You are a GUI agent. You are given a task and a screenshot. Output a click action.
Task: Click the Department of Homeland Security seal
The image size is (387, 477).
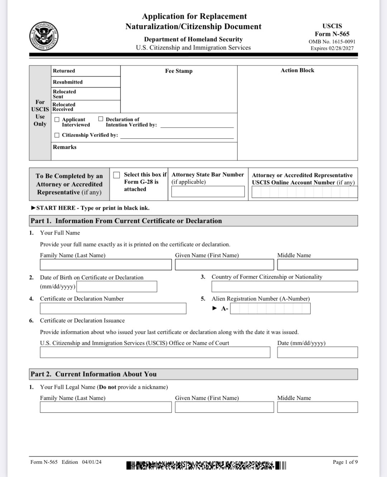click(44, 36)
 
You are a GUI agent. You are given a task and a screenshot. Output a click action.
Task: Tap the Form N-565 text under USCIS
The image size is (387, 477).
click(332, 34)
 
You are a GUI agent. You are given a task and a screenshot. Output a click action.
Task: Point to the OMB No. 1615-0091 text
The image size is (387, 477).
click(332, 42)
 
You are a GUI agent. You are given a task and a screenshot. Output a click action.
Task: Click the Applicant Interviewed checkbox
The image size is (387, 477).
click(57, 120)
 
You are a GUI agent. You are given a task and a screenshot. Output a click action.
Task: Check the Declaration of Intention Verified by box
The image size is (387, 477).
click(101, 119)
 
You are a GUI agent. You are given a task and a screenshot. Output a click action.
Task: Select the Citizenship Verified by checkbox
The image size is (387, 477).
click(57, 135)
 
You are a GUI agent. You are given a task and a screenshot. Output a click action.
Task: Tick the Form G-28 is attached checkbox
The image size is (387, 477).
click(116, 175)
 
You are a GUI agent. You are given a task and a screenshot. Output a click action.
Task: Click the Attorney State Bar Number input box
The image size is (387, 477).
click(208, 192)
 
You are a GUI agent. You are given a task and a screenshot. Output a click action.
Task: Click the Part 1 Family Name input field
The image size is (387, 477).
click(106, 265)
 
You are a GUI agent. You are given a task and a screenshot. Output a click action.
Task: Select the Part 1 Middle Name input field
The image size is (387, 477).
click(317, 265)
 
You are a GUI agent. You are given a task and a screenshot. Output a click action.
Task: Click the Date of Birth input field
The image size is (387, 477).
click(117, 287)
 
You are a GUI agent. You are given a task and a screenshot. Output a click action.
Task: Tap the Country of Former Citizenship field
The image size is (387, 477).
click(285, 287)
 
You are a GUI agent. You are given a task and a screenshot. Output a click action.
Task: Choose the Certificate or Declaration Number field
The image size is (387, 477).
click(113, 308)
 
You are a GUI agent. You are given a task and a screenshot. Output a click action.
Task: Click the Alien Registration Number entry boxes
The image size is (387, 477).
click(270, 308)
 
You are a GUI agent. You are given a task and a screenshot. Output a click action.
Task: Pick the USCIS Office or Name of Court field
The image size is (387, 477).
click(155, 352)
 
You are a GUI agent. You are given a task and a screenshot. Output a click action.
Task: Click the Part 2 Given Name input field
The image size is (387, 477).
click(224, 407)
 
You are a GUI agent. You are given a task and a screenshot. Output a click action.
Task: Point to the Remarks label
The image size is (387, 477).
click(64, 147)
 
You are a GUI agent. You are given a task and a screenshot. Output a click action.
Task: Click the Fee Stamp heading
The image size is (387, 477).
click(178, 71)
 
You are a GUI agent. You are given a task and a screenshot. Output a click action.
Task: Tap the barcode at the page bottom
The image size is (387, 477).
click(206, 466)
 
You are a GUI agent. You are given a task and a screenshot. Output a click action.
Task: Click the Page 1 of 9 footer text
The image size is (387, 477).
click(345, 462)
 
